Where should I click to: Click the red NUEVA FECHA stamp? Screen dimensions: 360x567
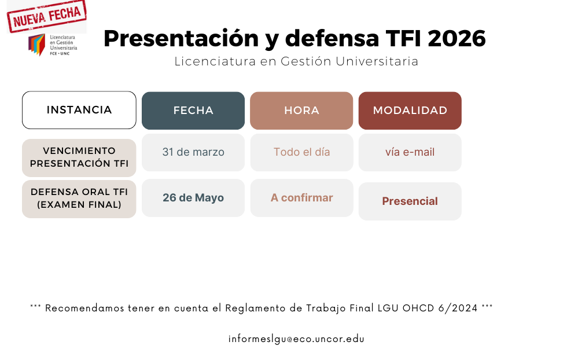[x=46, y=15]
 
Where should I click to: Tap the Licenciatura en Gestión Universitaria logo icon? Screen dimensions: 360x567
[x=37, y=45]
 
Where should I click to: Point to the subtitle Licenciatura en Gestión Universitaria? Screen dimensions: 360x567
[x=296, y=61]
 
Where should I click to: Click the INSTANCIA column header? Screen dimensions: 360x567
[x=79, y=110]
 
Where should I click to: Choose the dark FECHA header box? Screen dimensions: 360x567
[x=193, y=111]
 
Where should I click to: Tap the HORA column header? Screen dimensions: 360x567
[x=301, y=111]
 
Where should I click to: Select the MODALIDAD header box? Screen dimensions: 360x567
[x=410, y=111]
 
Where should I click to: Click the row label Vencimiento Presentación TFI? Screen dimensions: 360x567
[x=79, y=157]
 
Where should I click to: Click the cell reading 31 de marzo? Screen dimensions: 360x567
[x=193, y=152]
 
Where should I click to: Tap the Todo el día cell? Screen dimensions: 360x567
[x=301, y=152]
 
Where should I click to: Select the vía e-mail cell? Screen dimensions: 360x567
[x=410, y=152]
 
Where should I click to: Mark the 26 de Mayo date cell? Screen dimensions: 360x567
[x=193, y=198]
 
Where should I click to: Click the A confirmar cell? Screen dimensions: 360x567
[x=301, y=198]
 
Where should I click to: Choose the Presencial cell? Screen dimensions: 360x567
[x=410, y=201]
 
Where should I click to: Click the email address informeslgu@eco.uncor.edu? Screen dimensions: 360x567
[x=296, y=339]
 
